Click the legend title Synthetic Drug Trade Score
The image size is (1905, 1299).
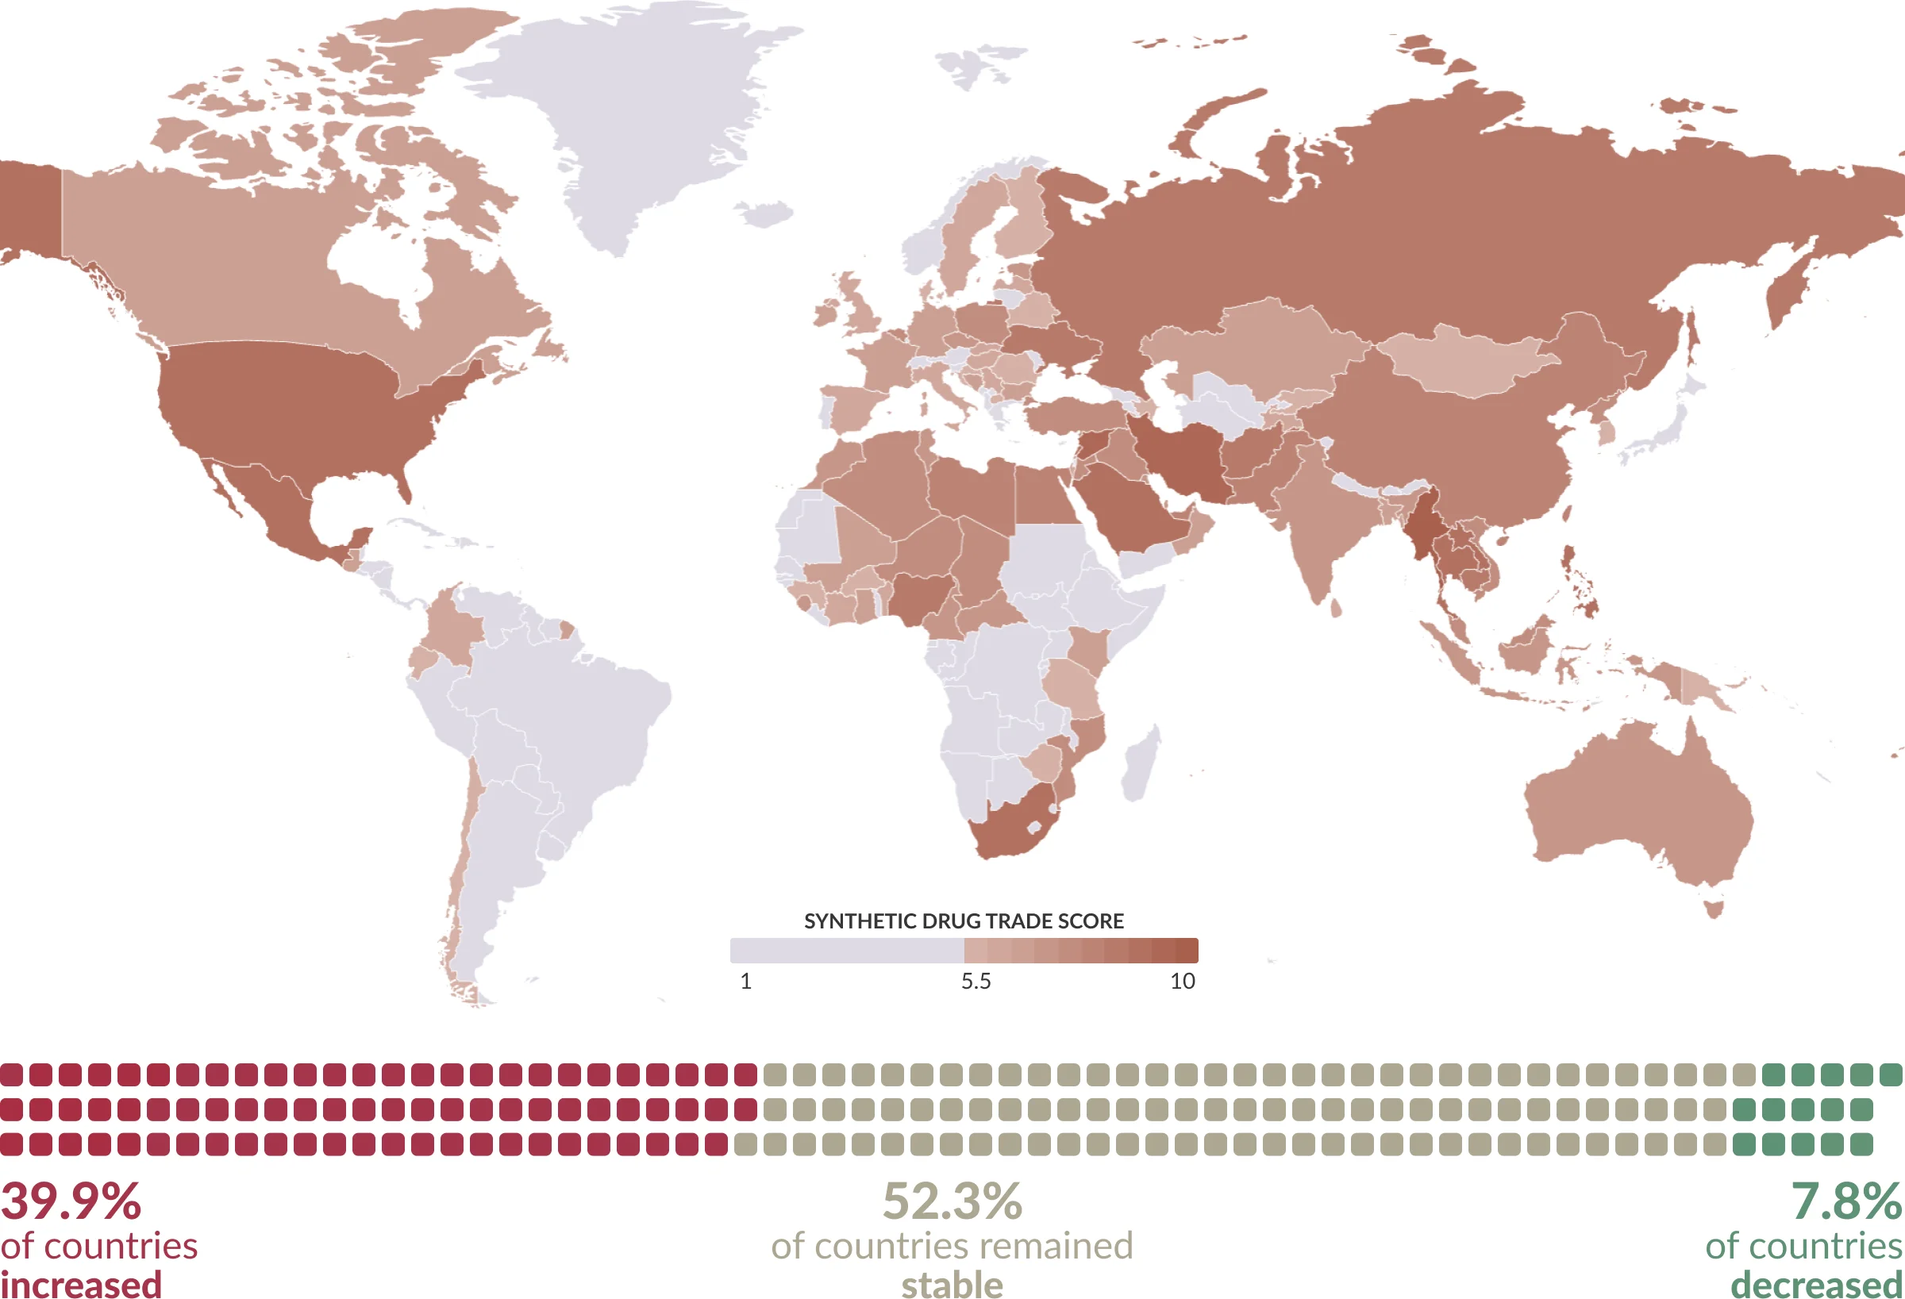[x=963, y=921]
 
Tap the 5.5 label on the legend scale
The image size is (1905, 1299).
[x=976, y=981]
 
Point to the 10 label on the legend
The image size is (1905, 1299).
[x=1182, y=981]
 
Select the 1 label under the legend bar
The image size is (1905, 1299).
[x=745, y=981]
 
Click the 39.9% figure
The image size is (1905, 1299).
[x=71, y=1201]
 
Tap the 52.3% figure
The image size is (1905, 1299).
[x=952, y=1201]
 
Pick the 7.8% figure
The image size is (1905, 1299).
[x=1845, y=1201]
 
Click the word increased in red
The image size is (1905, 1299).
[x=81, y=1283]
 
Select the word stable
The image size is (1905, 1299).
[x=952, y=1284]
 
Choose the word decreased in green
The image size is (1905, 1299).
[x=1815, y=1284]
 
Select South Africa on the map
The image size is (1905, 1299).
[x=1012, y=828]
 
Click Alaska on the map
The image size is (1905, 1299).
[x=29, y=205]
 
